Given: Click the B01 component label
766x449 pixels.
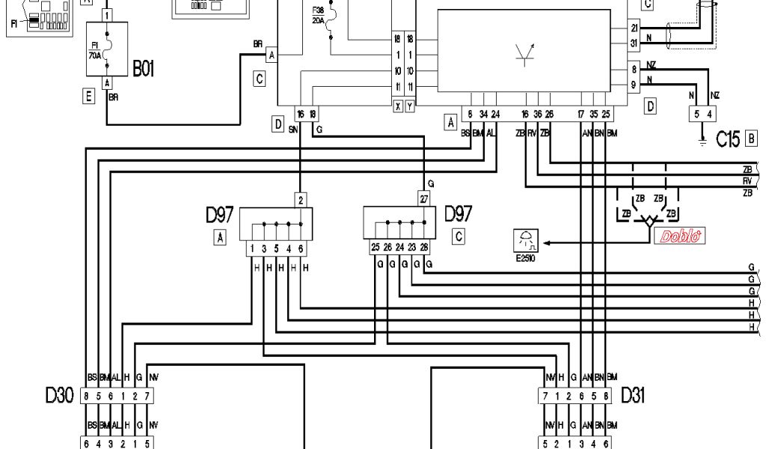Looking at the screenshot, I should pyautogui.click(x=144, y=70).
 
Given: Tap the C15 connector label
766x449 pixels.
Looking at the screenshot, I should pyautogui.click(x=728, y=138).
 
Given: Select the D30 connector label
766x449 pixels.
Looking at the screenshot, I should pyautogui.click(x=59, y=396).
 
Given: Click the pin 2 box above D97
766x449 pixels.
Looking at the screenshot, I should pyautogui.click(x=300, y=200).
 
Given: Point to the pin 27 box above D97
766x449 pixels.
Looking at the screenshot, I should pyautogui.click(x=423, y=200).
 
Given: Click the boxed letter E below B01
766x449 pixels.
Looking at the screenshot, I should pyautogui.click(x=89, y=95).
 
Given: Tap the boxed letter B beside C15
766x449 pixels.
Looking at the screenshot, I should pyautogui.click(x=752, y=138).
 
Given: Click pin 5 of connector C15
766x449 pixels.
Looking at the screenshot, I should pyautogui.click(x=696, y=114).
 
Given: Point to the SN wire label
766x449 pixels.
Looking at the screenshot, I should pyautogui.click(x=293, y=129).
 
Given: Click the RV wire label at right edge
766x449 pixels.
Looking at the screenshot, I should pyautogui.click(x=747, y=181).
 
